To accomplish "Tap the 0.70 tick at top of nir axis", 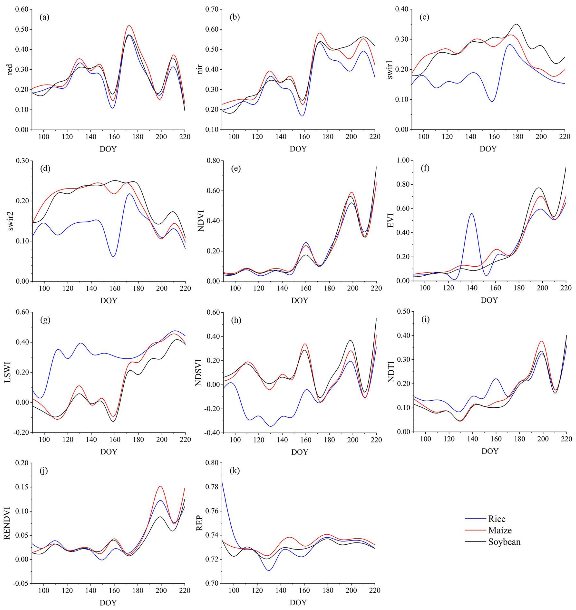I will pyautogui.click(x=212, y=10).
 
